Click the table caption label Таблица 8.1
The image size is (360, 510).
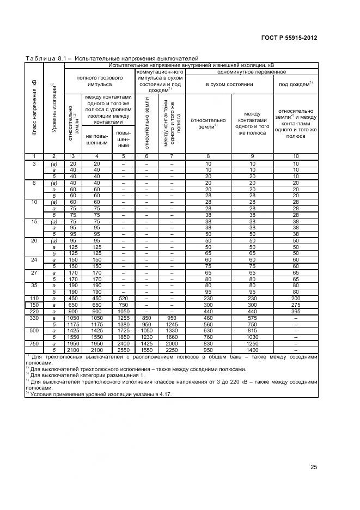point(48,58)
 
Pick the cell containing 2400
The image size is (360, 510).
point(124,343)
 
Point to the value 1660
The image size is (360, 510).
point(172,337)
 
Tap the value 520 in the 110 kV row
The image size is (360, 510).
point(124,297)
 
